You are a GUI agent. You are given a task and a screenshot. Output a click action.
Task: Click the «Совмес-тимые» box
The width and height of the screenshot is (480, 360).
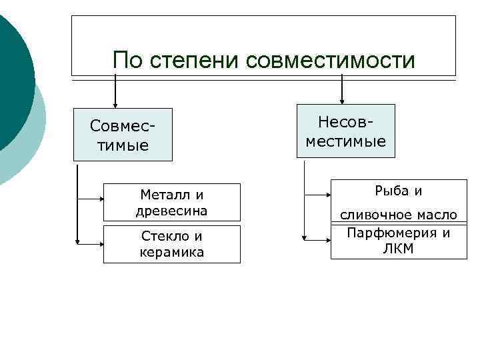pyautogui.click(x=123, y=135)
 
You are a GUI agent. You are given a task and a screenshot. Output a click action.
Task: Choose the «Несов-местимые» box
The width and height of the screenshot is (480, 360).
pyautogui.click(x=345, y=131)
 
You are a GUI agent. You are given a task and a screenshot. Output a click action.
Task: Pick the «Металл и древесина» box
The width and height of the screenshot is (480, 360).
pyautogui.click(x=171, y=202)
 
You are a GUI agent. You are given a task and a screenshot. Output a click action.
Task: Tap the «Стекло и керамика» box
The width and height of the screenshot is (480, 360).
pyautogui.click(x=171, y=244)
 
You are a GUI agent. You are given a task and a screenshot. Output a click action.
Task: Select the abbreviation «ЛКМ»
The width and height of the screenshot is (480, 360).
pyautogui.click(x=399, y=249)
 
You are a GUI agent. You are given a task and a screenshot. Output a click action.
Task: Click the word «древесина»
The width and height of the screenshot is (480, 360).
pyautogui.click(x=171, y=211)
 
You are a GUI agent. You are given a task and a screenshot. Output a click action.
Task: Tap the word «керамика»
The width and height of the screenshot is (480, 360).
pyautogui.click(x=171, y=253)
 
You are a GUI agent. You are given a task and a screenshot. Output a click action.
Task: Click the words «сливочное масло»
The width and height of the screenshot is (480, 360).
pyautogui.click(x=399, y=215)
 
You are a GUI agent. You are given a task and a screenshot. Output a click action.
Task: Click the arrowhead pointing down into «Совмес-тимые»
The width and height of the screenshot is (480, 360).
pyautogui.click(x=116, y=104)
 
